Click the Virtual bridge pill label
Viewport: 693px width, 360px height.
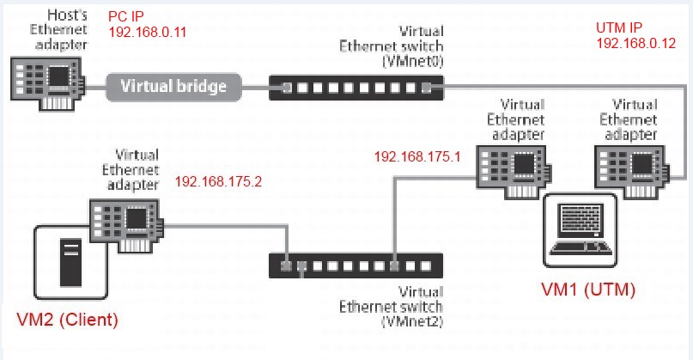coord(173,85)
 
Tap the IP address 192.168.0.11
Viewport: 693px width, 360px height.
coord(148,32)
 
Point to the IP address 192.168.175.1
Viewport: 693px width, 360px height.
coord(417,157)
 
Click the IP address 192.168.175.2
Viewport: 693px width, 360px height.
coord(217,182)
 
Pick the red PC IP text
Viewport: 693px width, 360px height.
coord(127,17)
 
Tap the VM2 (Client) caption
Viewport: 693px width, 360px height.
coord(68,320)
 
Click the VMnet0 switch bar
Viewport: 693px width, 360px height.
coord(356,86)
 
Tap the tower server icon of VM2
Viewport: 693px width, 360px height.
coord(71,263)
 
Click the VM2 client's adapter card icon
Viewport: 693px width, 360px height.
coord(127,220)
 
